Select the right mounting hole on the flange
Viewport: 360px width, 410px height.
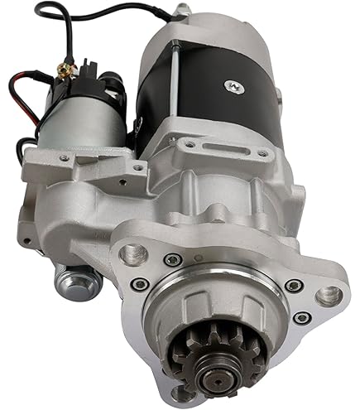pyautogui.click(x=329, y=294)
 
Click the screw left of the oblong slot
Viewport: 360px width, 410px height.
pyautogui.click(x=190, y=142)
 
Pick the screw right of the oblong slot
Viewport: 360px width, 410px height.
pyautogui.click(x=262, y=153)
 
